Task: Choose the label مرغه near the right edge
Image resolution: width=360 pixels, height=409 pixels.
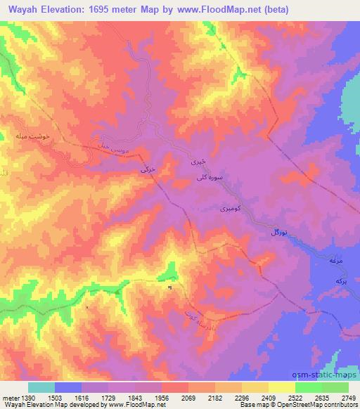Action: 335,261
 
